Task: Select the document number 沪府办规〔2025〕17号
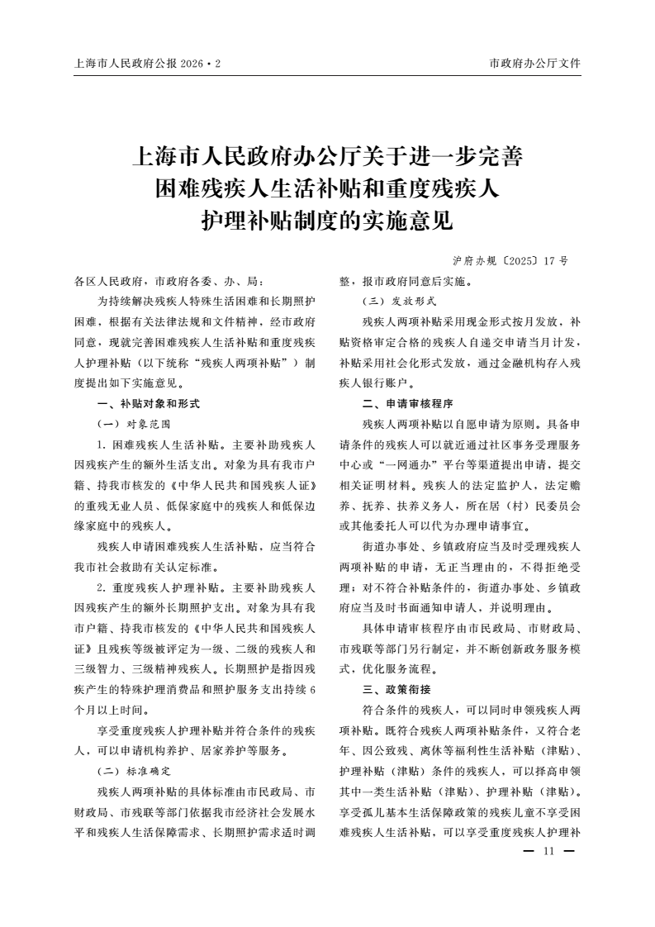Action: point(510,260)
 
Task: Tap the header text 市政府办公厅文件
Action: point(534,63)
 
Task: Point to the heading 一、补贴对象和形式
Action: point(149,404)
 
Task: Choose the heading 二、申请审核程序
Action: point(408,404)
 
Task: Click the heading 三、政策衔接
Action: point(396,689)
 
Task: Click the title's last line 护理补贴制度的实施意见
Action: point(328,221)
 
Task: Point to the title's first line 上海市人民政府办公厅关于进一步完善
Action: point(328,156)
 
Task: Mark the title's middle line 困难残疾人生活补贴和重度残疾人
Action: point(328,189)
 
